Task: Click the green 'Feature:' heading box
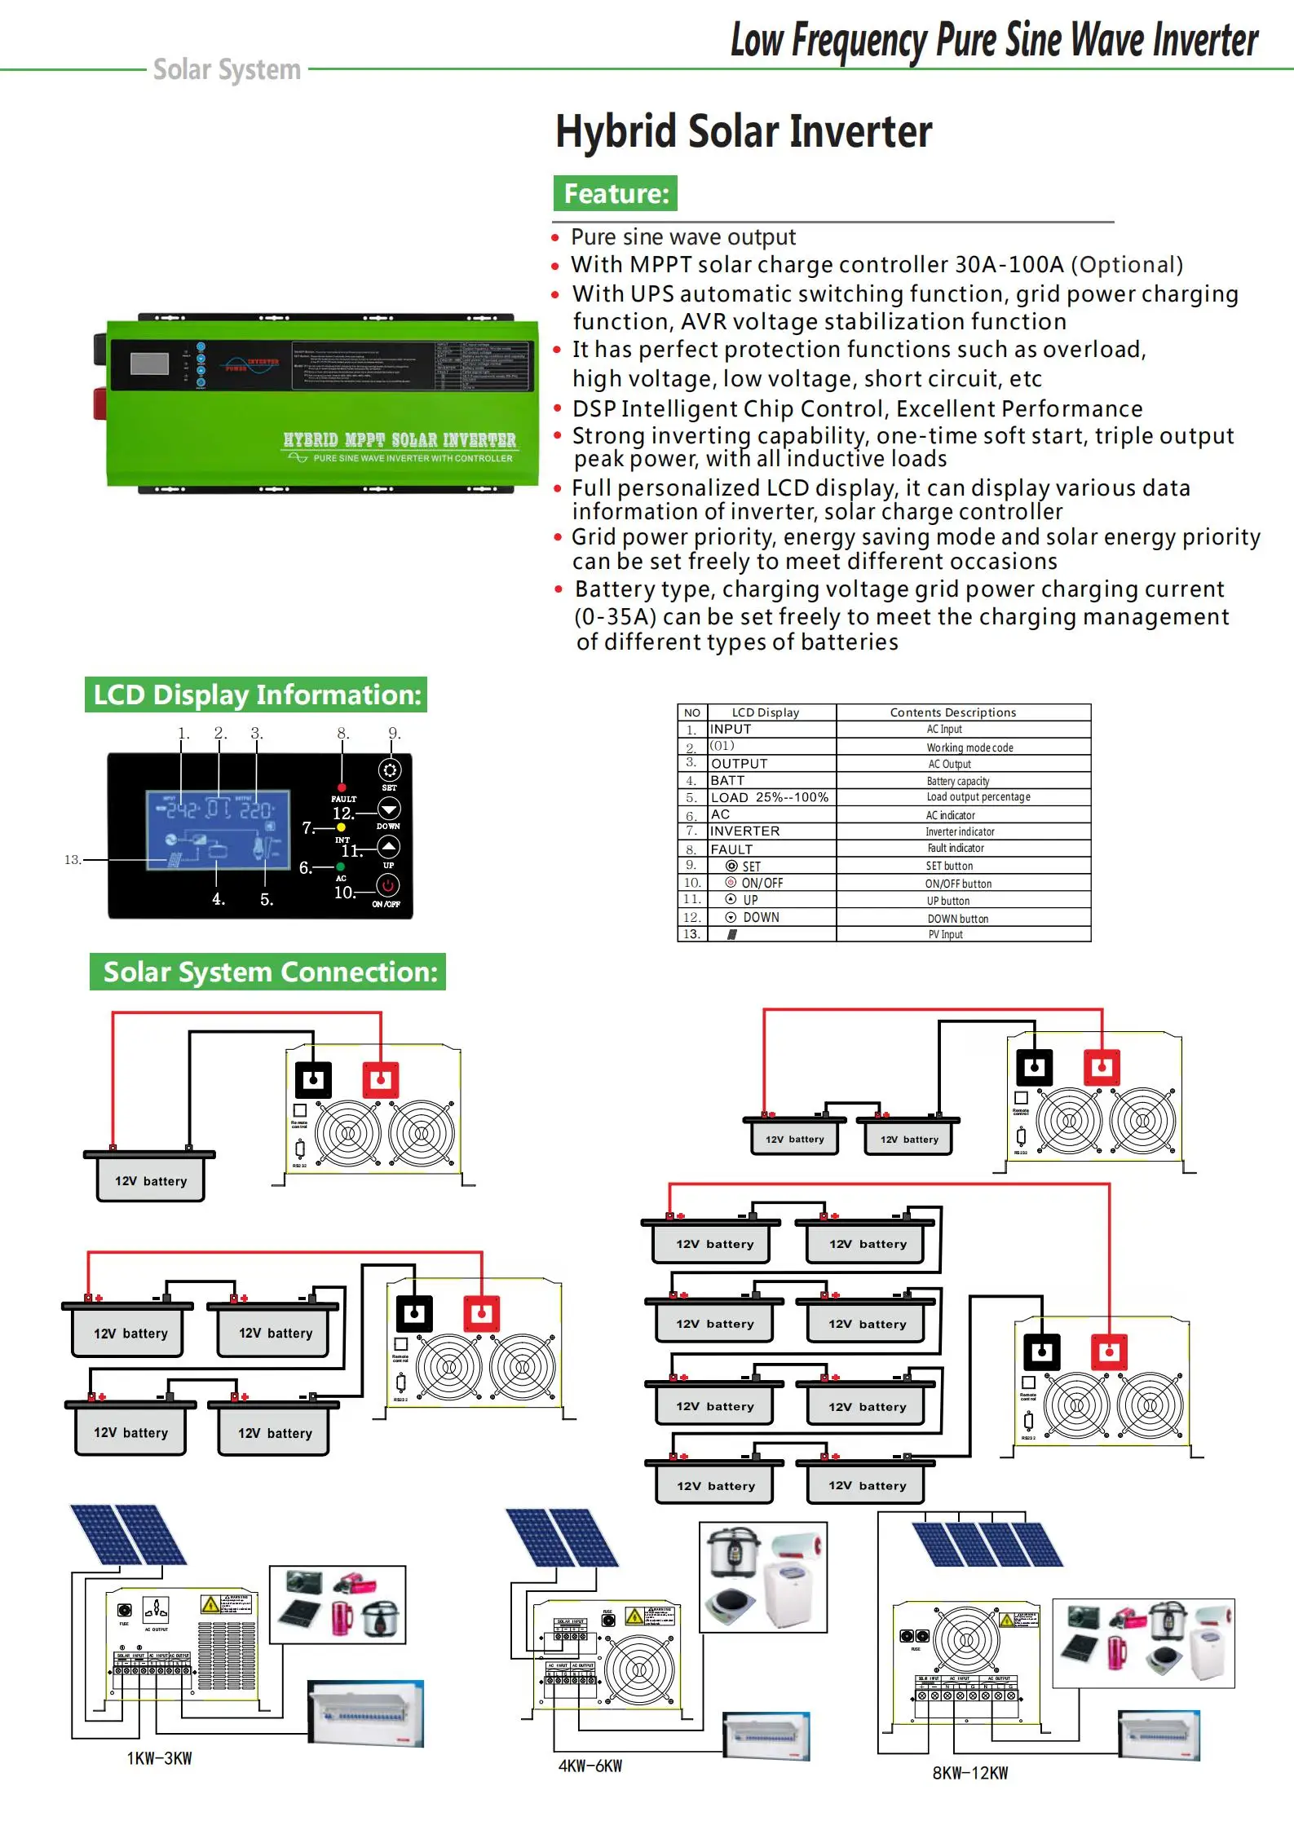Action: coord(616,193)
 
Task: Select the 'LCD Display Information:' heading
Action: coord(256,695)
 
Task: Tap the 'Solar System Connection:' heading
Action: coord(268,972)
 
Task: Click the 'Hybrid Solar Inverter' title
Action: coord(743,132)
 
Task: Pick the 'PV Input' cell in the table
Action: coord(945,934)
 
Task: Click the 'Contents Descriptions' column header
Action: coord(952,712)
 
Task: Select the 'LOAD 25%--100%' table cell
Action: coord(770,797)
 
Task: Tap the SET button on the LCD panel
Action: coord(390,770)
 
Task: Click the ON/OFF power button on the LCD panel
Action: coord(387,884)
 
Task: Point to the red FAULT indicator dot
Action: coord(342,787)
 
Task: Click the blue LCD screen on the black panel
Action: coord(219,829)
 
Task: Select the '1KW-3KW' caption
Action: coord(160,1758)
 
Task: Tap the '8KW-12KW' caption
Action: coord(970,1773)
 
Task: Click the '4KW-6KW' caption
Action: coord(590,1766)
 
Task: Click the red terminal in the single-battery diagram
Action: coord(380,1080)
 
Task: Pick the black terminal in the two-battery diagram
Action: coord(1034,1067)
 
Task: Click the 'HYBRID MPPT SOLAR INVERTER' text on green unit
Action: coord(400,440)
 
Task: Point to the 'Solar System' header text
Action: coord(227,69)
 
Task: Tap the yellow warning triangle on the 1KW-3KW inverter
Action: coord(210,1604)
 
